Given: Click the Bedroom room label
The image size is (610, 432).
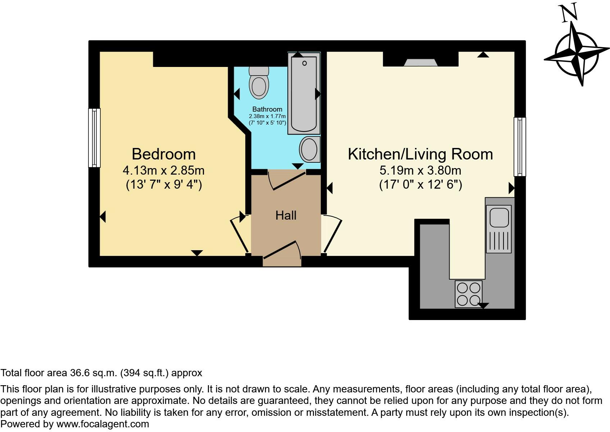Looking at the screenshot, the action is tap(164, 154).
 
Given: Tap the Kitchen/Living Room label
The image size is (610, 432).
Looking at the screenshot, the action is tap(420, 154).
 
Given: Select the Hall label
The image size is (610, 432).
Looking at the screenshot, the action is tap(286, 215).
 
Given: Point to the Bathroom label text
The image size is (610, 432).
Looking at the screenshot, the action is tap(267, 109).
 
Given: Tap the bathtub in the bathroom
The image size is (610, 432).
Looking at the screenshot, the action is tap(304, 93).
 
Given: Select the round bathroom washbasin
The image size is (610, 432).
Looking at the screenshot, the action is tap(310, 150).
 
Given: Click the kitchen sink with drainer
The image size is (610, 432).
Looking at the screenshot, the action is tap(499, 229).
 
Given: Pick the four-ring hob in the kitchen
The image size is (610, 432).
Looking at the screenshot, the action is tap(468, 294).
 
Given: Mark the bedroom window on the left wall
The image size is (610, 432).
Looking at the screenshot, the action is tap(95, 138).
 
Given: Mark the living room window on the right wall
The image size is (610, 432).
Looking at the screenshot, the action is tap(520, 147).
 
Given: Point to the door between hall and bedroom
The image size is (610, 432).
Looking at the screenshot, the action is tap(240, 234).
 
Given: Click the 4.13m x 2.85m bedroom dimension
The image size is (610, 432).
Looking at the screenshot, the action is tap(163, 170).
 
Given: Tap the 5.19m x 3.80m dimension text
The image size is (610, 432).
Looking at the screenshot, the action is tap(420, 170).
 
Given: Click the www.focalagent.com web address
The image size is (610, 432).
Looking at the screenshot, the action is tap(103, 424).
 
